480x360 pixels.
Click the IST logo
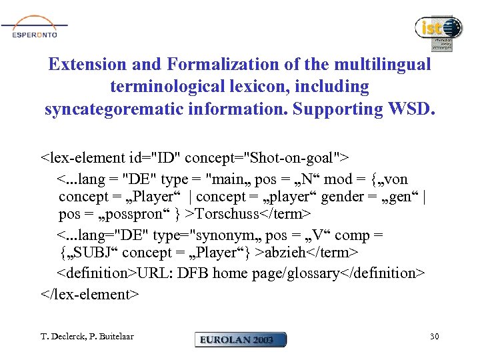[439, 31]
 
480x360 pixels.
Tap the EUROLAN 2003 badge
[241, 339]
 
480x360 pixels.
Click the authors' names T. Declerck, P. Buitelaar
[87, 337]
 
